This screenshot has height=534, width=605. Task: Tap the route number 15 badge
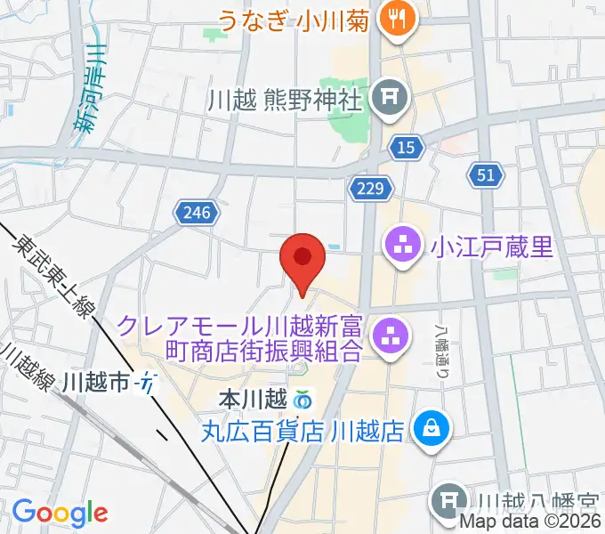[406, 149]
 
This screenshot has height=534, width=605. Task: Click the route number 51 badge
[485, 175]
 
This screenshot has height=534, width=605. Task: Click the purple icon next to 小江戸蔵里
[403, 244]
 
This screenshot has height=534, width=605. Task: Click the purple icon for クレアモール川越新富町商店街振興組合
[389, 336]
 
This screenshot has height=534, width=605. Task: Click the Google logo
[59, 513]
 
